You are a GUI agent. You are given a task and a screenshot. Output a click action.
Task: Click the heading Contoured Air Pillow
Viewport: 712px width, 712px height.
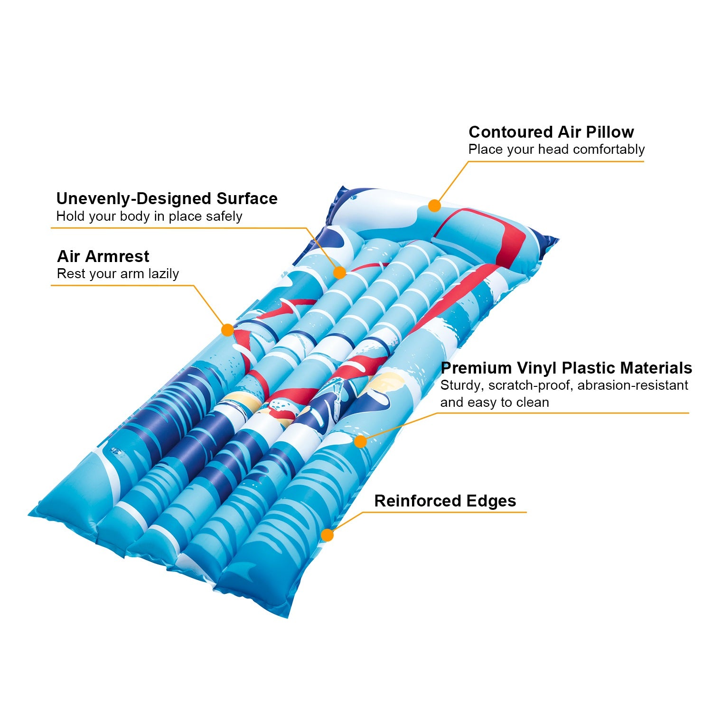pos(551,132)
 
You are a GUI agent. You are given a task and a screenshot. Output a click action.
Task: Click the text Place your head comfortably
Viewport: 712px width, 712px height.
pos(556,150)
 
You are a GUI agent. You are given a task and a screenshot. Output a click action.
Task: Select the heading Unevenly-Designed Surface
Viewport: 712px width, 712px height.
pos(167,198)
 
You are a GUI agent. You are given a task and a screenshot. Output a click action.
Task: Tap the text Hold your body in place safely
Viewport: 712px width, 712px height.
pos(150,216)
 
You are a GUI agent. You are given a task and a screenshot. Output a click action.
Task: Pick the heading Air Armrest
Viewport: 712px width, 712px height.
pos(103,256)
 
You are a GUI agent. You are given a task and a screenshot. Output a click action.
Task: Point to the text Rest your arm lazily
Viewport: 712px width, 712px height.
pos(118,274)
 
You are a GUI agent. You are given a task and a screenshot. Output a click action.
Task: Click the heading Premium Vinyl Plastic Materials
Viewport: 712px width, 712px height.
pos(566,368)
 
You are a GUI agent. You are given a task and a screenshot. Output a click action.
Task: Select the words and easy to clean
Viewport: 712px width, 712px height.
pos(495,403)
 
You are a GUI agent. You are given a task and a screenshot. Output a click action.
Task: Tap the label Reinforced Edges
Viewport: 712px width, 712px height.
pos(445,501)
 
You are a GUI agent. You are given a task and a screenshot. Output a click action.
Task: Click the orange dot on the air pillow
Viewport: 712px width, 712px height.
pos(434,206)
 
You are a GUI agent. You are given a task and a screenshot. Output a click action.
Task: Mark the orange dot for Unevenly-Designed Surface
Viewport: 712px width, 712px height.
pos(339,272)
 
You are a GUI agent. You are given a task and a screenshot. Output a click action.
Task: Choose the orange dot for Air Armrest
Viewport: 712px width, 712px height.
pos(227,330)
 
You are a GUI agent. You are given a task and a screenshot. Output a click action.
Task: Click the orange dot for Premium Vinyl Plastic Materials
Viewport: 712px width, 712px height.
pos(361,441)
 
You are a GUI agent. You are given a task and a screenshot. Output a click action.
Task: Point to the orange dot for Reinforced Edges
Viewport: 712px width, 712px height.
pos(327,535)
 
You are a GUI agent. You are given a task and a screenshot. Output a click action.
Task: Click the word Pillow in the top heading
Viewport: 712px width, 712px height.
pos(610,132)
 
